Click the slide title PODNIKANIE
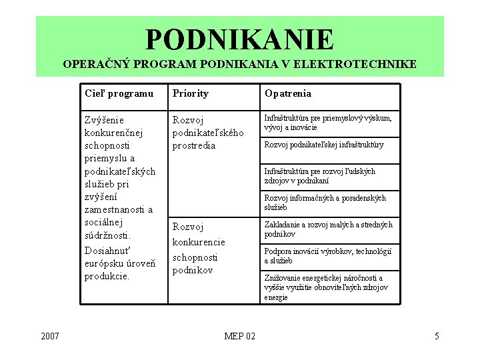coord(239,39)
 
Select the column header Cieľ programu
coord(119,93)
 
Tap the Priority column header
coord(191,93)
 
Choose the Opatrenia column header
coord(288,93)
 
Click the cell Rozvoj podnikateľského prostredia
coord(203,133)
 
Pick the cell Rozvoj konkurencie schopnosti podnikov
coord(199,248)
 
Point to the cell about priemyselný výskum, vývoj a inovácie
coord(328,123)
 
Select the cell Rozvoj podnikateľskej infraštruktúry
coord(324,145)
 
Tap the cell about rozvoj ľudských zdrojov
coord(320,176)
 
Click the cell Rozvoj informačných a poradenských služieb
coord(325,203)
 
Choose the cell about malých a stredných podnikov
coord(328,229)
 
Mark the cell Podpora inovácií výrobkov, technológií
coord(327,256)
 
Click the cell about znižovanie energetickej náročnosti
coord(323,287)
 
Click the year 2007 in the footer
coord(50,336)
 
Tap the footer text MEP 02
coord(239,336)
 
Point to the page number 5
coord(437,336)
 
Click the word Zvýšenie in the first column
coord(104,120)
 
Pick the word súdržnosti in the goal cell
coord(107,235)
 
